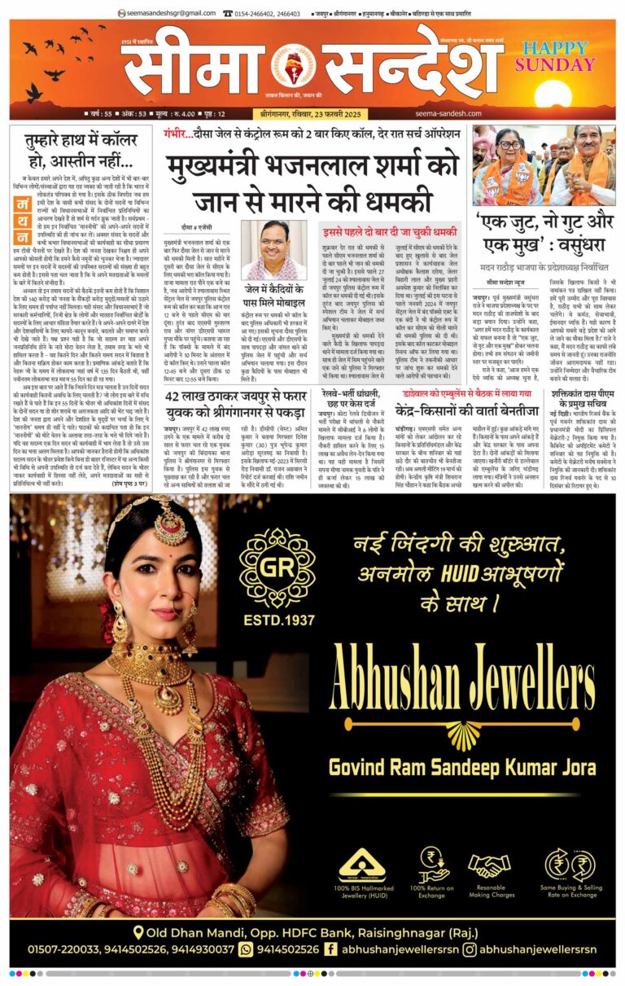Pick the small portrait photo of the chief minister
[x=273, y=250]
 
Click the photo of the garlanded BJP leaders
[x=544, y=166]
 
